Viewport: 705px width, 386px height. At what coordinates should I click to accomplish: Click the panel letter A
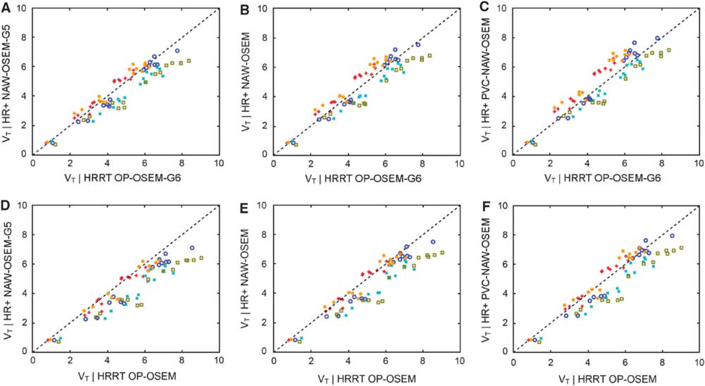5,7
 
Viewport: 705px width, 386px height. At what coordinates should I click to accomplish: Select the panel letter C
485,7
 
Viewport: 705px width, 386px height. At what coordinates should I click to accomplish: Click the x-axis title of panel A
123,177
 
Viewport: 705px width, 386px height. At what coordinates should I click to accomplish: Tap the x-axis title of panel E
367,379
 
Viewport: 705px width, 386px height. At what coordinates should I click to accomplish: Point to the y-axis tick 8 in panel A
24,37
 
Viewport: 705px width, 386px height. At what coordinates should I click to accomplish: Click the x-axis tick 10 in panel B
459,164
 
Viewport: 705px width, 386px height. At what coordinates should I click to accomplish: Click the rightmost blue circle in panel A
177,51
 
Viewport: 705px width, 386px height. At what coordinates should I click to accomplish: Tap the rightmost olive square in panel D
201,258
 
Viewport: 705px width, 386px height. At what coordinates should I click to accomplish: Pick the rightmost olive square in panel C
669,50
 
